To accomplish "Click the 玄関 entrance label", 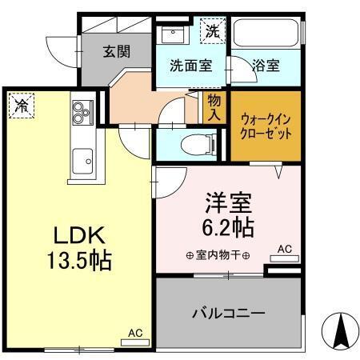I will (116, 50).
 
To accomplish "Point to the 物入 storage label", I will (214, 107).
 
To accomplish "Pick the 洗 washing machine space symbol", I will (213, 32).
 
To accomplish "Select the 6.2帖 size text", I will (230, 227).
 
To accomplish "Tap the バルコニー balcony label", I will (228, 312).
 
